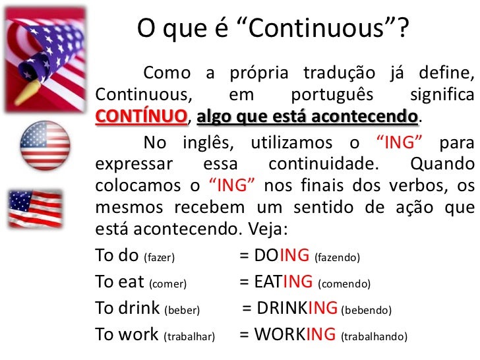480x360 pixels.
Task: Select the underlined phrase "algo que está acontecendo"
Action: click(x=307, y=117)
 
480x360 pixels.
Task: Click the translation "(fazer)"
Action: click(x=159, y=257)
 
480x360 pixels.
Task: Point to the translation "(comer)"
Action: click(x=168, y=284)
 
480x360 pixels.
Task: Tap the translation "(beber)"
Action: click(x=181, y=310)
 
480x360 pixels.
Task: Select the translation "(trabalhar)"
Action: click(x=189, y=336)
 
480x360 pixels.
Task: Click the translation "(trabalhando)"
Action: click(x=374, y=336)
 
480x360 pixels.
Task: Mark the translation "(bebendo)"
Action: click(x=366, y=310)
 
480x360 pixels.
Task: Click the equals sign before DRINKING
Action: click(x=247, y=308)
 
